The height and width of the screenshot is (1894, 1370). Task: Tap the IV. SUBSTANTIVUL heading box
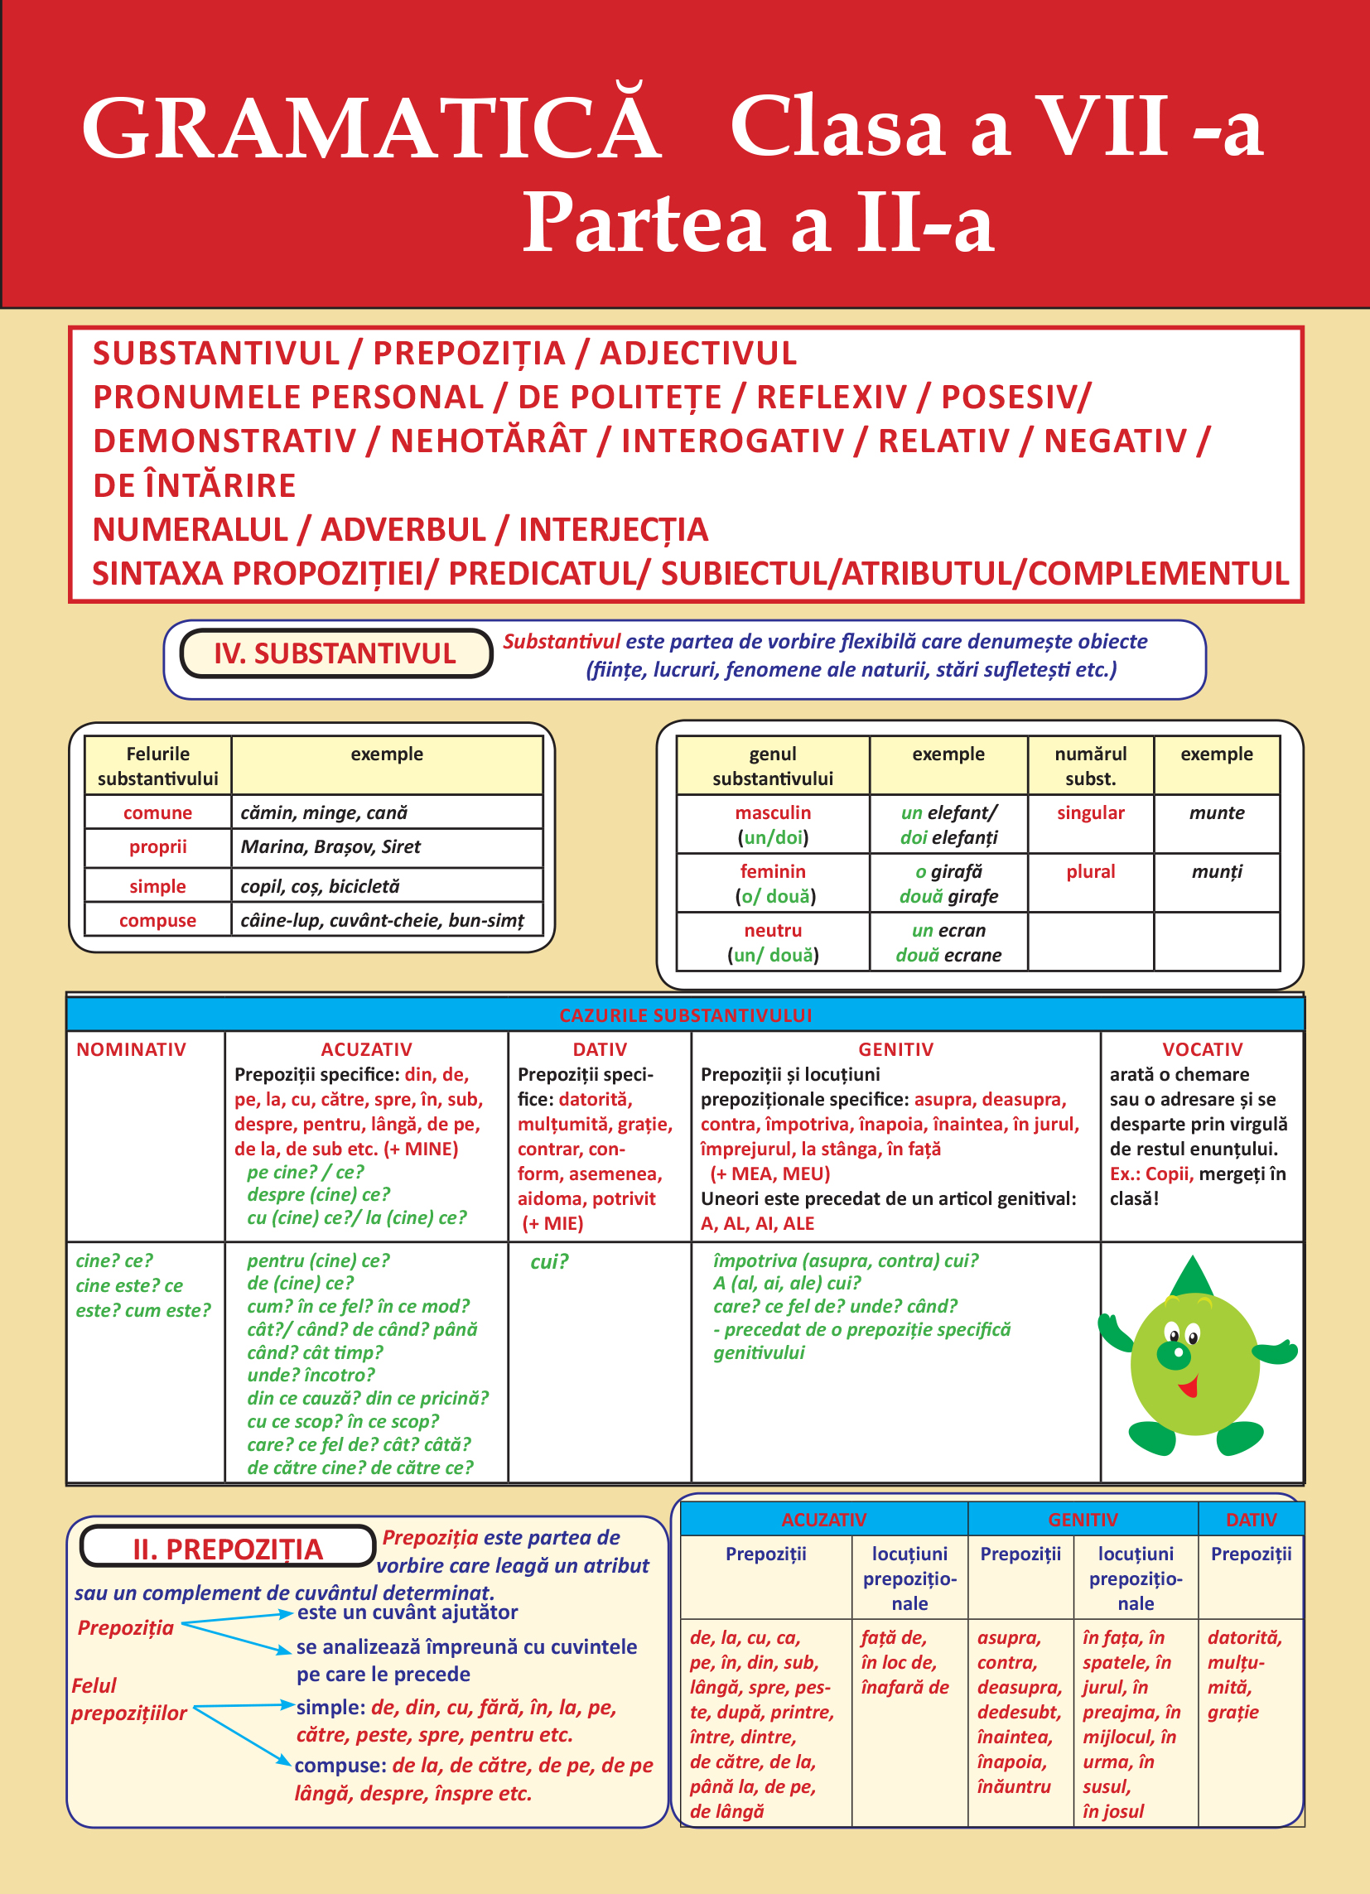click(x=335, y=653)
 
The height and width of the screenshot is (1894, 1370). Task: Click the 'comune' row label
click(x=157, y=812)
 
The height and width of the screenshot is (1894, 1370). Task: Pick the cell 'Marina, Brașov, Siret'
click(x=330, y=846)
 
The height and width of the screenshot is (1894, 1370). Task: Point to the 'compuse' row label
click(x=157, y=920)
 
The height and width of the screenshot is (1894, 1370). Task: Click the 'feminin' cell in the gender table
click(x=773, y=872)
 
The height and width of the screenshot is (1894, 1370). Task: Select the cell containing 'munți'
click(x=1216, y=872)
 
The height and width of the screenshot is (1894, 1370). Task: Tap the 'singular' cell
click(x=1090, y=812)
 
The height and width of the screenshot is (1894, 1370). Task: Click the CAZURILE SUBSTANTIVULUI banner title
click(x=685, y=1015)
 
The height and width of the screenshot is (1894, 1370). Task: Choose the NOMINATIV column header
click(x=131, y=1050)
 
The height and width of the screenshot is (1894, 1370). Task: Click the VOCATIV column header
click(x=1202, y=1050)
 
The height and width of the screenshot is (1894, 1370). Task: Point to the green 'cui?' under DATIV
click(x=549, y=1262)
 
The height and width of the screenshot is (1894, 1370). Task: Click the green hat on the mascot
click(x=1192, y=1278)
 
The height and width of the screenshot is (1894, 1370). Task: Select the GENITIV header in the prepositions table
click(x=1083, y=1519)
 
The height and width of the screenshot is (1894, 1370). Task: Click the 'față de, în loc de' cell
click(x=905, y=1662)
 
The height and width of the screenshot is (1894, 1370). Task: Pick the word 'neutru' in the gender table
click(x=773, y=930)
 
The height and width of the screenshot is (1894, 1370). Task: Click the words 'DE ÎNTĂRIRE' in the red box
click(x=195, y=485)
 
